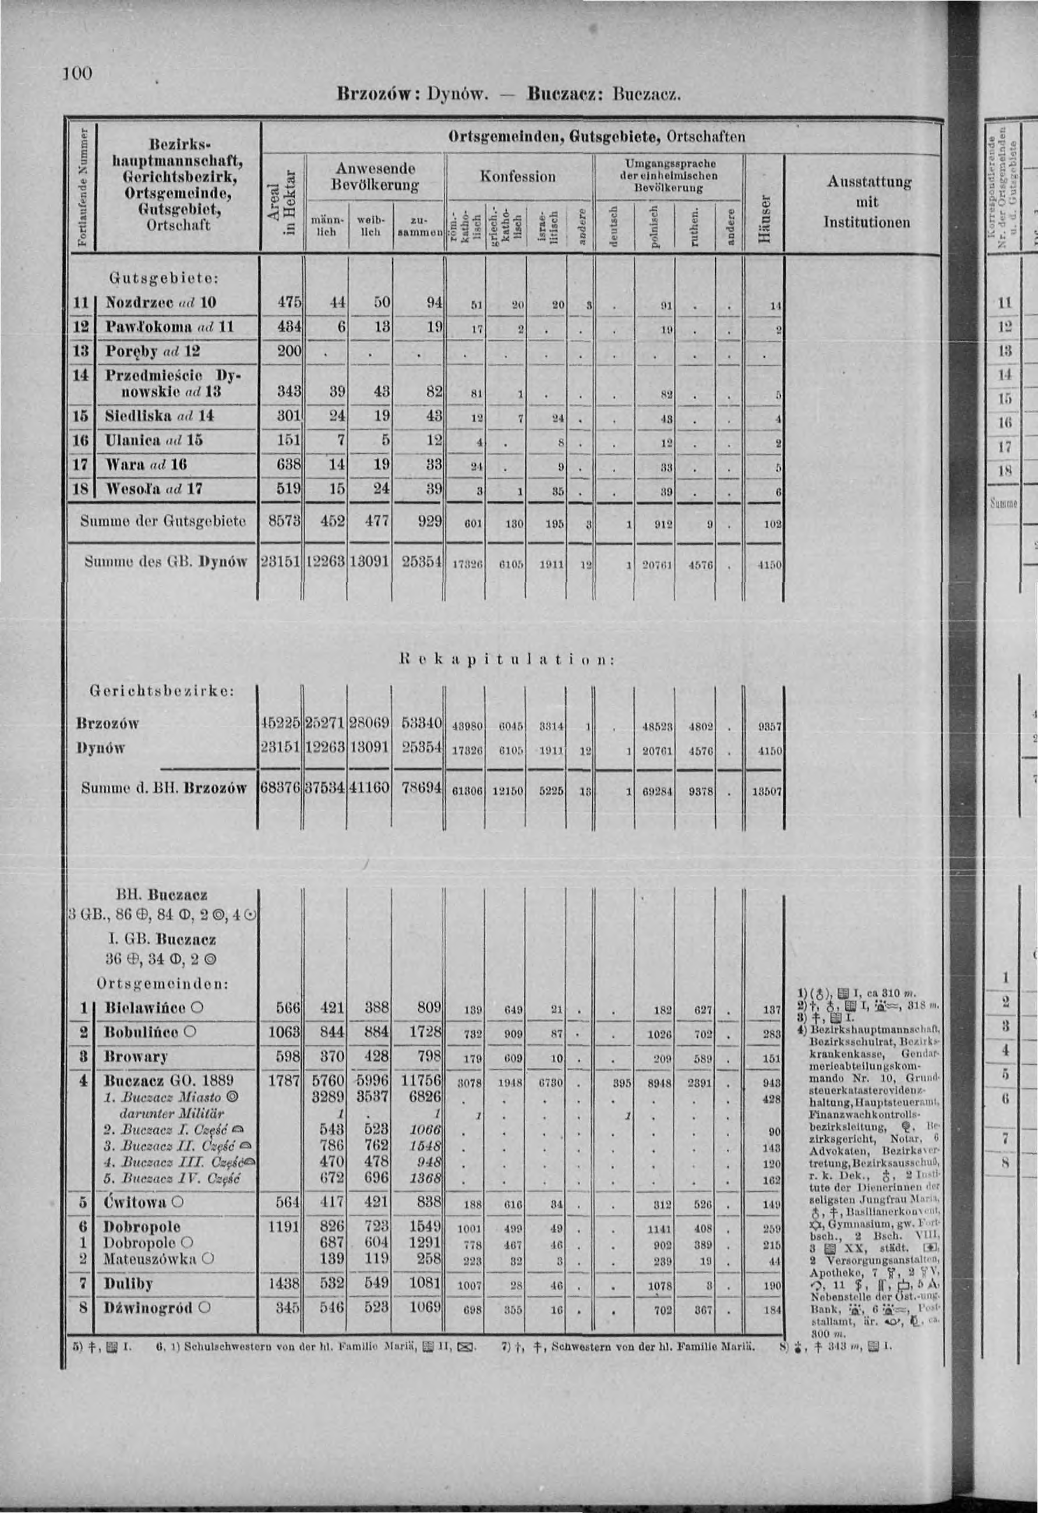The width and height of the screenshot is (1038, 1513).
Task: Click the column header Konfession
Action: pos(518,176)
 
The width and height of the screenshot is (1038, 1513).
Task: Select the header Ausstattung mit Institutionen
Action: pos(868,202)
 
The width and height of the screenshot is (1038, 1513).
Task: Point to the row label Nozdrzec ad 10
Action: pos(161,302)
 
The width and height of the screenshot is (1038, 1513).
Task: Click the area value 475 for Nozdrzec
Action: pos(288,302)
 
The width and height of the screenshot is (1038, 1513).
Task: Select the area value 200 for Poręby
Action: pos(288,351)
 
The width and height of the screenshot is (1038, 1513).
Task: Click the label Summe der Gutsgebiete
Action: pos(163,521)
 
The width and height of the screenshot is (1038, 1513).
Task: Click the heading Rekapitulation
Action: pos(506,659)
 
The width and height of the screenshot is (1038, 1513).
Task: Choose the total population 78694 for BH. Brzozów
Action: pos(422,789)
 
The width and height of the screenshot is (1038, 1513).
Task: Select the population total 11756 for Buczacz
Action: pos(421,1081)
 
